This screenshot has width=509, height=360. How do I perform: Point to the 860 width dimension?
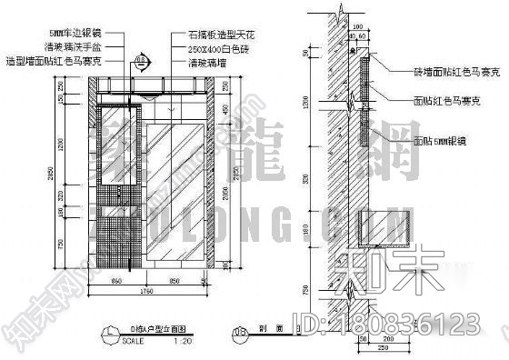pyautogui.click(x=115, y=281)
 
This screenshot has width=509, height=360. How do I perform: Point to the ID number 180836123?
pyautogui.click(x=419, y=324)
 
